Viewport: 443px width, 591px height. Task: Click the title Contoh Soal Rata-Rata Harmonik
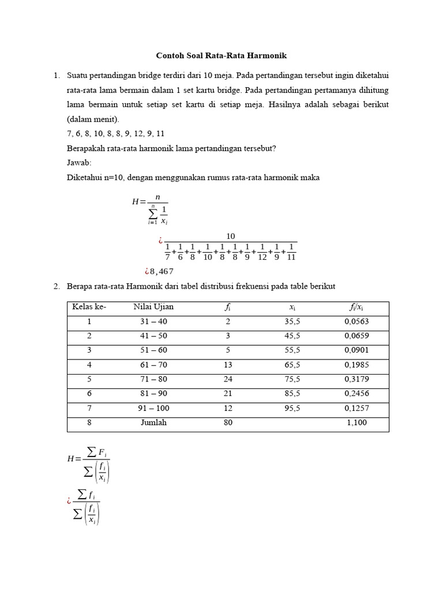point(221,56)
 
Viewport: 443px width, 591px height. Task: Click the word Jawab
point(79,163)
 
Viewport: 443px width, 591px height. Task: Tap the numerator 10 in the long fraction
point(231,236)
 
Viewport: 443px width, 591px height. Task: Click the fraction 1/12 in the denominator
point(262,252)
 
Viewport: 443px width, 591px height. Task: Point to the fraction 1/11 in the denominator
point(291,252)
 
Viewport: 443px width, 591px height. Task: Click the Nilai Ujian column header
point(153,307)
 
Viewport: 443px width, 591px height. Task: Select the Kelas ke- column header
point(89,307)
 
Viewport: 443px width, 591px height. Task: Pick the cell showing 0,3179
point(356,380)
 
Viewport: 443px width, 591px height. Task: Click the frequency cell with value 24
point(228,380)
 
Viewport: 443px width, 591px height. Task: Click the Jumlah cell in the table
point(153,423)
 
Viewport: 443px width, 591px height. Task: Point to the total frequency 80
point(228,423)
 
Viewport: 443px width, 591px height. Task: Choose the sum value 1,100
point(356,423)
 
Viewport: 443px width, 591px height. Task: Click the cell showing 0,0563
point(356,322)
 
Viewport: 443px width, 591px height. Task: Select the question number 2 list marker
point(57,287)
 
